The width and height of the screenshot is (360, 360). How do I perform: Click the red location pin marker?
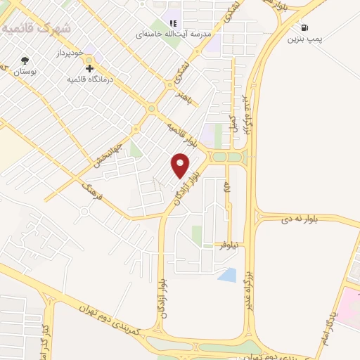point(181,165)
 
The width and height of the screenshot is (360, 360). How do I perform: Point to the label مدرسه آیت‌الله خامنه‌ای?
point(176,33)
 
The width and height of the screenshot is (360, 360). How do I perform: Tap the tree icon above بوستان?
point(26,60)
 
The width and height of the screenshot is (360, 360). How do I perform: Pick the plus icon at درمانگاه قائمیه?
point(90,69)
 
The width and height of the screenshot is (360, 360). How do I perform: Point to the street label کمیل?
point(233,121)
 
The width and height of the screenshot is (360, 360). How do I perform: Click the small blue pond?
point(227,274)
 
